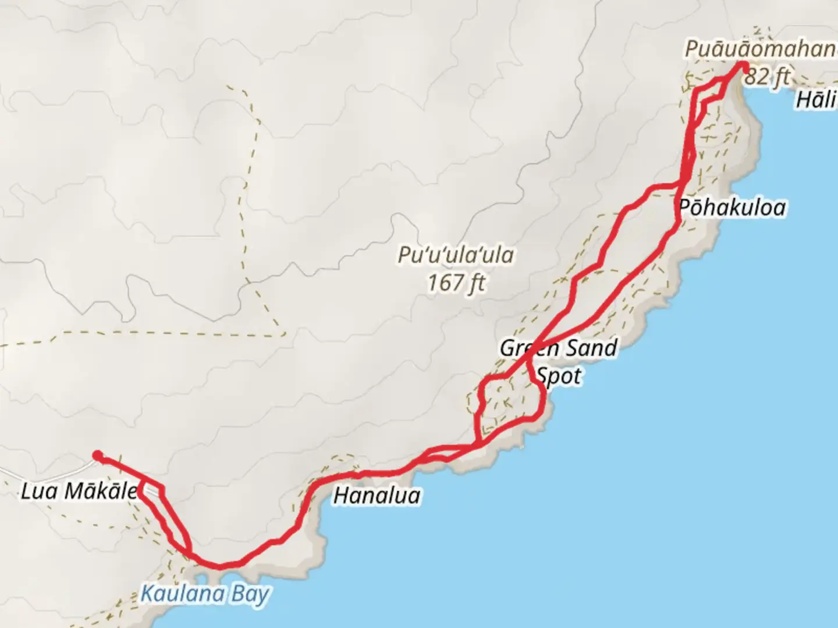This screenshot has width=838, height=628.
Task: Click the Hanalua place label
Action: point(377,495)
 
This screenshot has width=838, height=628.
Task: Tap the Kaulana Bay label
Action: point(205,594)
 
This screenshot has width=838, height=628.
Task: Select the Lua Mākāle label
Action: point(79,491)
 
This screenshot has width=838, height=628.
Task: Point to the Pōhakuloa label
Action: point(732,208)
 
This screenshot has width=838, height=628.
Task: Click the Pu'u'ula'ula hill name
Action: point(456,255)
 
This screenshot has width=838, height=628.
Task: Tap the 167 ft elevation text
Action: point(456,283)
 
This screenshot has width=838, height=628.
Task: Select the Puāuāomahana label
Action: point(760,50)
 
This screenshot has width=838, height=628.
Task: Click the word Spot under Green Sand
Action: point(559,376)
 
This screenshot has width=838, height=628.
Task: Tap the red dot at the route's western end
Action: point(98,455)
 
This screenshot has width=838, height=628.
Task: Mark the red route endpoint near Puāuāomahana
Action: point(744,66)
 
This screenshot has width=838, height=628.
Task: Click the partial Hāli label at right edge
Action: point(816,99)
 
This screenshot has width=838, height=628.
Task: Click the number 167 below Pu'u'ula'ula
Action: point(443,283)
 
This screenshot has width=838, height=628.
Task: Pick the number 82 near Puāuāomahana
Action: point(757,76)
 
